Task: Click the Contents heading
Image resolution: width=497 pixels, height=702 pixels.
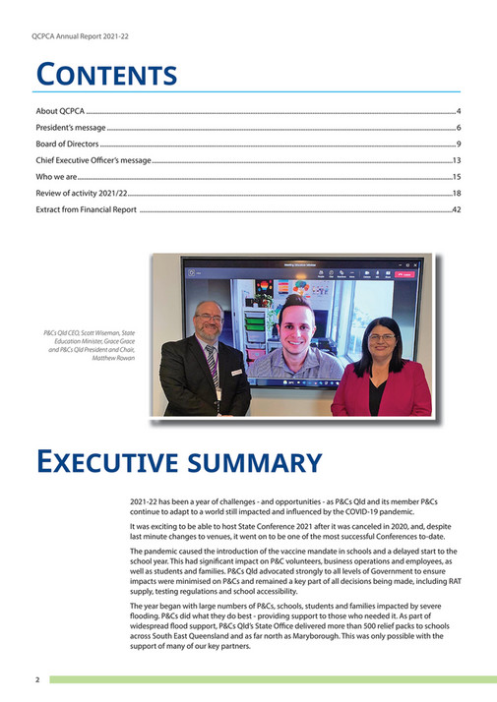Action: pyautogui.click(x=106, y=75)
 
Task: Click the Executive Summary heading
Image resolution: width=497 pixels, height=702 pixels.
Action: pyautogui.click(x=179, y=462)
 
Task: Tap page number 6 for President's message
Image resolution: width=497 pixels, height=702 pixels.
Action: pyautogui.click(x=459, y=129)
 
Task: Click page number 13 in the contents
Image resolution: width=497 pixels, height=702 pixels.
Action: pyautogui.click(x=457, y=160)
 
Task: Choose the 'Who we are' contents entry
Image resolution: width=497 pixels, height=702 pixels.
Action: pyautogui.click(x=57, y=177)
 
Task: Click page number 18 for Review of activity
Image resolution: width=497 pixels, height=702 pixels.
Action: pyautogui.click(x=457, y=194)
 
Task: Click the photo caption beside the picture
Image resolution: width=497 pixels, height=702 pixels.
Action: pyautogui.click(x=93, y=346)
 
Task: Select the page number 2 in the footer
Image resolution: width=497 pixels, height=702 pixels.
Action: pyautogui.click(x=36, y=679)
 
